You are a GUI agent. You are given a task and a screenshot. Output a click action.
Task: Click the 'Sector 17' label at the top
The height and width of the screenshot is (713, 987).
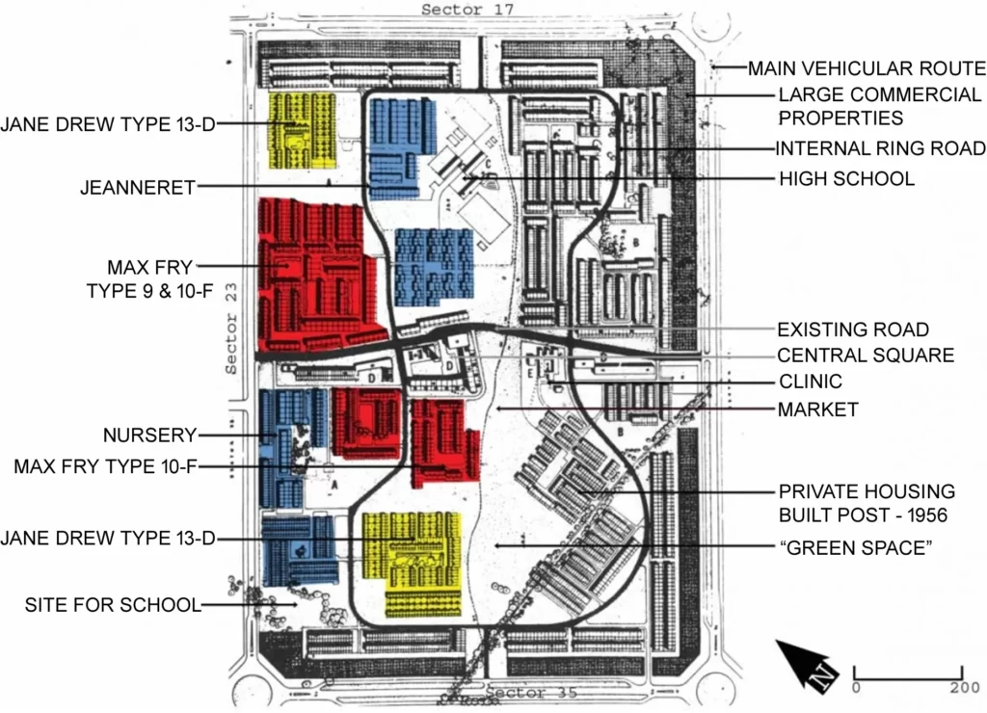pyautogui.click(x=468, y=10)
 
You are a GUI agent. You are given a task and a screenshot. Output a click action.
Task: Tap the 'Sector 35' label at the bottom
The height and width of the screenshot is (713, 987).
pyautogui.click(x=532, y=693)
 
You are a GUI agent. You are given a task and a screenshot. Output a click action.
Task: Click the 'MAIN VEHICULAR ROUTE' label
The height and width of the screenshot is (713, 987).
pyautogui.click(x=867, y=68)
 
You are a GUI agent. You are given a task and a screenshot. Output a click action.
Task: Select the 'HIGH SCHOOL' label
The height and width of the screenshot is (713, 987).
pyautogui.click(x=846, y=178)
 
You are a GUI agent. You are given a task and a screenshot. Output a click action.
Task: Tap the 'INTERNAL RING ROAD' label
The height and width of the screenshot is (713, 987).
pyautogui.click(x=880, y=148)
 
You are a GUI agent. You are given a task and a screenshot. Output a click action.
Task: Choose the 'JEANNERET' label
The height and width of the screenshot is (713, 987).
pyautogui.click(x=138, y=188)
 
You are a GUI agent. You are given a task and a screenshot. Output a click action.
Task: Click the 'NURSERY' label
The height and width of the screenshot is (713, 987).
pyautogui.click(x=149, y=435)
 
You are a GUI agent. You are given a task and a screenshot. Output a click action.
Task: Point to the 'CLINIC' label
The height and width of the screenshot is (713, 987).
pyautogui.click(x=810, y=382)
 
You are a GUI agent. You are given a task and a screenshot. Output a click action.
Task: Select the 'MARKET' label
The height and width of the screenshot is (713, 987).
pyautogui.click(x=817, y=409)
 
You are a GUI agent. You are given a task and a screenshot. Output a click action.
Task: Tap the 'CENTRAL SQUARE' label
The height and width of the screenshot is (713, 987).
pyautogui.click(x=866, y=356)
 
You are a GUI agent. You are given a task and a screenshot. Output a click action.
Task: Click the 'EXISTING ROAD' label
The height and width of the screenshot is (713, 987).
pyautogui.click(x=853, y=330)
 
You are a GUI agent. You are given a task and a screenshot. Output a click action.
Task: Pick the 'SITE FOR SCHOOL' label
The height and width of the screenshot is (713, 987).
pyautogui.click(x=113, y=605)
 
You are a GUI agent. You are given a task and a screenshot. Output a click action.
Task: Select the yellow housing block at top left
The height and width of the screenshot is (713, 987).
pyautogui.click(x=302, y=130)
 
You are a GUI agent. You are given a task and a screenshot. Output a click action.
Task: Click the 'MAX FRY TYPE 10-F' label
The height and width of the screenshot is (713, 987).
pyautogui.click(x=105, y=467)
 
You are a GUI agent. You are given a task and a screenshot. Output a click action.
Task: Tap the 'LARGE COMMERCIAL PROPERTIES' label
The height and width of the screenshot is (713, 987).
pyautogui.click(x=879, y=106)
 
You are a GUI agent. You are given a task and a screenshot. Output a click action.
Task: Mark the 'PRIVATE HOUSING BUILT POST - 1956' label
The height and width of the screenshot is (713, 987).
pyautogui.click(x=867, y=503)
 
